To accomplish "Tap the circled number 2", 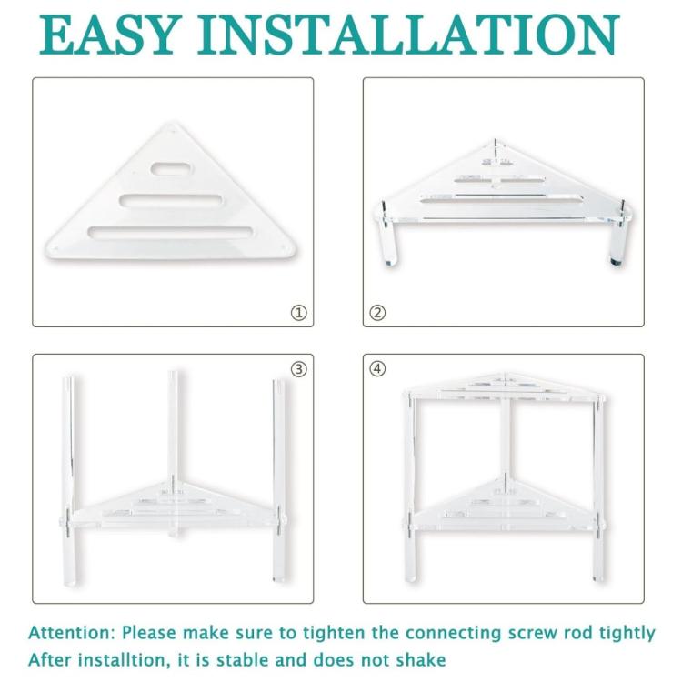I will click(x=378, y=313).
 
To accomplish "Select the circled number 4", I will click(x=378, y=369).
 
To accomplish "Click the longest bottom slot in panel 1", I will click(x=171, y=232).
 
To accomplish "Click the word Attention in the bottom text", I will click(x=71, y=633).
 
